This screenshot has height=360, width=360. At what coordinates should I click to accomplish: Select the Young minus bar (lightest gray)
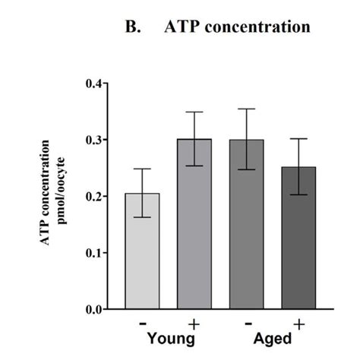(142, 251)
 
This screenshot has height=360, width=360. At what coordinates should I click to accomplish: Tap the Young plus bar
(194, 224)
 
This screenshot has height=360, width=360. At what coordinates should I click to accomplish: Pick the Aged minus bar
(246, 224)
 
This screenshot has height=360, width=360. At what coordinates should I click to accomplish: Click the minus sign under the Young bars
(142, 322)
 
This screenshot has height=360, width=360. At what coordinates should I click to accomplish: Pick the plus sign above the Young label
(194, 324)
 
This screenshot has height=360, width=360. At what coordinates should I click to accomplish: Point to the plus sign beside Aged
(299, 324)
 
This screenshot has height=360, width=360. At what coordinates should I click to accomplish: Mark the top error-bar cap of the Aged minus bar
(246, 109)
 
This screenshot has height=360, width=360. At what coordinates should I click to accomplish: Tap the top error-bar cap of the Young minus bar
(142, 169)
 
